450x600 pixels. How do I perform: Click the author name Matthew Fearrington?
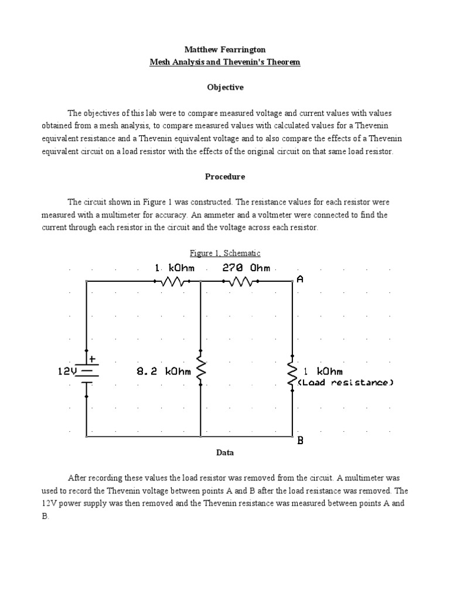225,50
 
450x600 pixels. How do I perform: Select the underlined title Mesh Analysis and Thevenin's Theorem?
225,62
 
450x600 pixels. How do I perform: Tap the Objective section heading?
225,87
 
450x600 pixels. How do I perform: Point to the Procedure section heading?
225,176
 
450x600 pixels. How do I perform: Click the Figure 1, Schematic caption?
225,253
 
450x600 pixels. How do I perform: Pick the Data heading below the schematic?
225,452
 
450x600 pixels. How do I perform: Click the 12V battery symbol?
87,372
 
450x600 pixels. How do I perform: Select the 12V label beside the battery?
67,371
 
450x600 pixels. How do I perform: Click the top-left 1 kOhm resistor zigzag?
174,281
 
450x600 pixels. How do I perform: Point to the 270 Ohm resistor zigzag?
241,281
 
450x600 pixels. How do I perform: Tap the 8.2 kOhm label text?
163,371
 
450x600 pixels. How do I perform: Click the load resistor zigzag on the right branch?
292,373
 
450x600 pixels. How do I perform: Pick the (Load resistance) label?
346,383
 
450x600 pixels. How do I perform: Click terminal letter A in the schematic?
301,279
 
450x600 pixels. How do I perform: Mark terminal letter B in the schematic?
301,441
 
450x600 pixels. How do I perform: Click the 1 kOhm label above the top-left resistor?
174,268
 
